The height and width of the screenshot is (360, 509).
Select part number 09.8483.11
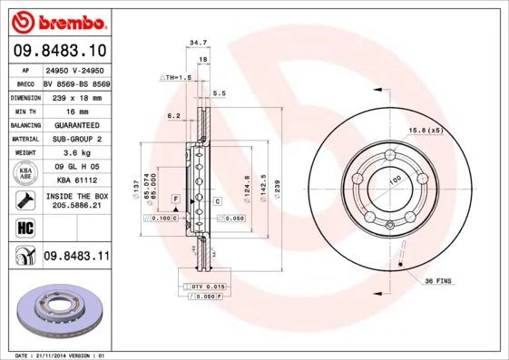point(75,257)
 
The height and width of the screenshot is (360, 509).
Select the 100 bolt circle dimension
point(395,180)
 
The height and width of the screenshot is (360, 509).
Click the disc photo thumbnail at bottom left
point(58,313)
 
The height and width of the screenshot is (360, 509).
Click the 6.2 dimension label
point(174,115)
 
